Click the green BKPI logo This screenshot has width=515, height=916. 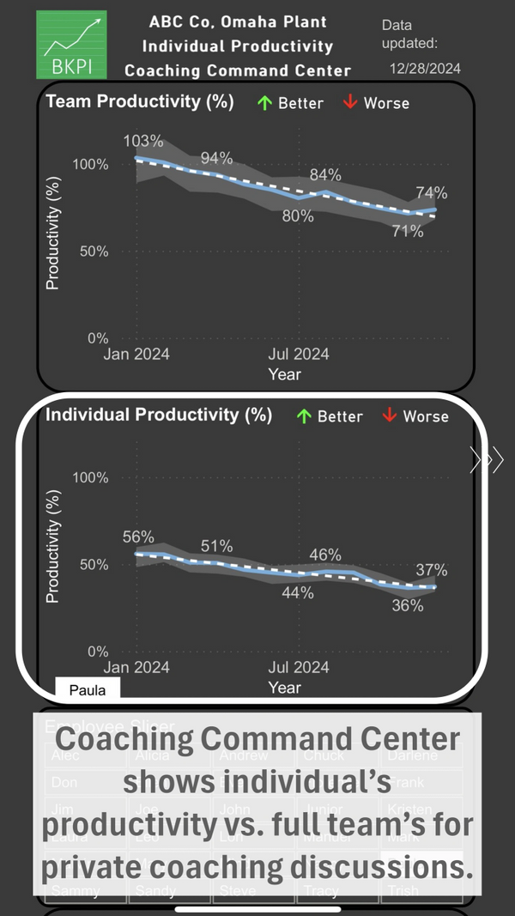click(x=72, y=45)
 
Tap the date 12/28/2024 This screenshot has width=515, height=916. click(x=426, y=69)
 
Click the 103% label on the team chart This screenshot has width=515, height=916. click(x=143, y=141)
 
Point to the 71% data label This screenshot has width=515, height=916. click(x=408, y=231)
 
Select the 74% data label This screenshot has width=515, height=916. click(x=432, y=193)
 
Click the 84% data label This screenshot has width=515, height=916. click(x=325, y=174)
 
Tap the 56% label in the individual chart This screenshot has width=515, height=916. click(x=138, y=537)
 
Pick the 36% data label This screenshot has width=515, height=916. click(x=408, y=605)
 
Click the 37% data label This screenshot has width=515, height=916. click(x=432, y=569)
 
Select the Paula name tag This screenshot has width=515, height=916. click(x=88, y=689)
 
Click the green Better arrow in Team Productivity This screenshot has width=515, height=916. click(x=265, y=103)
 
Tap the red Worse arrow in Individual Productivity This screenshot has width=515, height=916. click(x=390, y=416)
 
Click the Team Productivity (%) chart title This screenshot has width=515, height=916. click(x=140, y=101)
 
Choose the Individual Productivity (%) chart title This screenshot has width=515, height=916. click(x=159, y=415)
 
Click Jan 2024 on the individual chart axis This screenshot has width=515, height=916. click(x=136, y=667)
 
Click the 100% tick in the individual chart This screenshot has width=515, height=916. click(x=90, y=478)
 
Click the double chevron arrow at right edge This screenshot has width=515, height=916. click(x=486, y=461)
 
